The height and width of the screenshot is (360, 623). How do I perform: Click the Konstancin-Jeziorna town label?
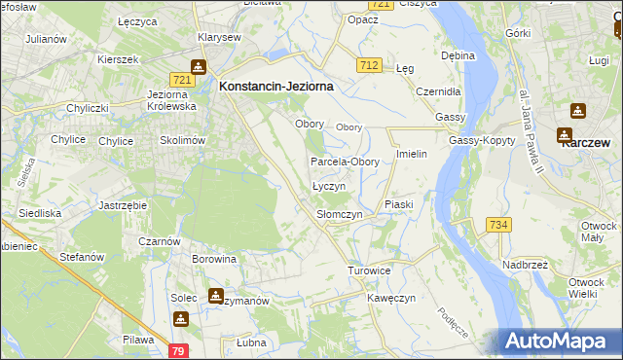276,86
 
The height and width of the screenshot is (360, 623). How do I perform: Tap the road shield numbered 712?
368,65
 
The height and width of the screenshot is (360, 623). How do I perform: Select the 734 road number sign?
498,225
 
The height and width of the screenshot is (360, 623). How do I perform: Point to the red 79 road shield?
177,350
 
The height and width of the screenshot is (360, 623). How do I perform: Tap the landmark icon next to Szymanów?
215,295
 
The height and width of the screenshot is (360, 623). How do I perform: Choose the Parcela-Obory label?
345,162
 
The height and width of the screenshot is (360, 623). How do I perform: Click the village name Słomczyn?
340,214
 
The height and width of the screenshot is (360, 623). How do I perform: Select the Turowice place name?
369,270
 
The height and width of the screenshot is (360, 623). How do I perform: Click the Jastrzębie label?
123,206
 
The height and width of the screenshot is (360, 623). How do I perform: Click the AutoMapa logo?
561,341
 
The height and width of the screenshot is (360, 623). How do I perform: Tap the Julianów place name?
46,39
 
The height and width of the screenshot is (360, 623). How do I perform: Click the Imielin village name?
413,155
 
